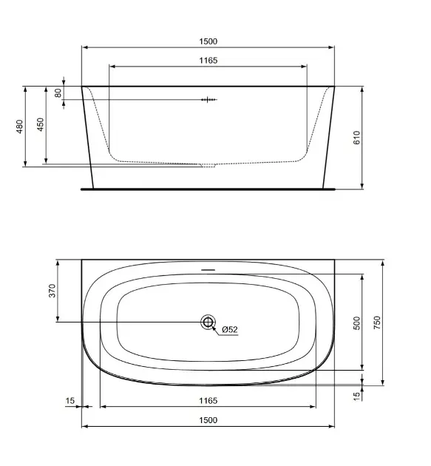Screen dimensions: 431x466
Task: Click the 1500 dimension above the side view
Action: pyautogui.click(x=208, y=41)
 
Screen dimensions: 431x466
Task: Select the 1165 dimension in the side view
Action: pyautogui.click(x=208, y=61)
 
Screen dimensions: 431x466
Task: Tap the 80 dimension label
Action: pyautogui.click(x=58, y=93)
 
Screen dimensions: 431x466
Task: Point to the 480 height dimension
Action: pyautogui.click(x=19, y=126)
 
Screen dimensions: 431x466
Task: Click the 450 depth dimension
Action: pyautogui.click(x=40, y=124)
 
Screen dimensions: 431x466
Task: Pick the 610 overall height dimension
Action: pyautogui.click(x=356, y=138)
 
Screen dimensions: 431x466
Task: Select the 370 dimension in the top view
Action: pyautogui.click(x=52, y=291)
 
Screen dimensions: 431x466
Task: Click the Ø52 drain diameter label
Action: pyautogui.click(x=230, y=329)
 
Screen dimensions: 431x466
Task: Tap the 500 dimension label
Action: pyautogui.click(x=357, y=323)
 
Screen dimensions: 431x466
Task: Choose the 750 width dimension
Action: pyautogui.click(x=376, y=323)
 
